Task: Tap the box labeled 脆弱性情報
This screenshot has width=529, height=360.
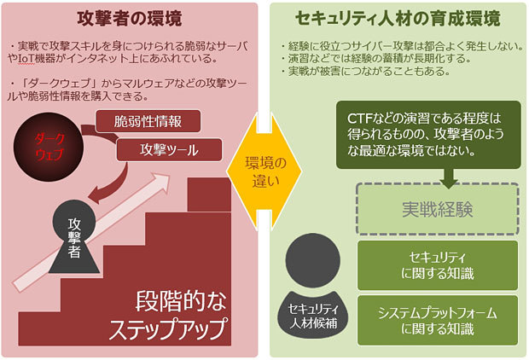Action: pyautogui.click(x=149, y=120)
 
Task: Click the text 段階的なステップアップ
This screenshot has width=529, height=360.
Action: pyautogui.click(x=182, y=315)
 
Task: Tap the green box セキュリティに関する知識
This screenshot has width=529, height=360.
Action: pyautogui.click(x=437, y=264)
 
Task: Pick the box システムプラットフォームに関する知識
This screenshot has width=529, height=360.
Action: pyautogui.click(x=437, y=320)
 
